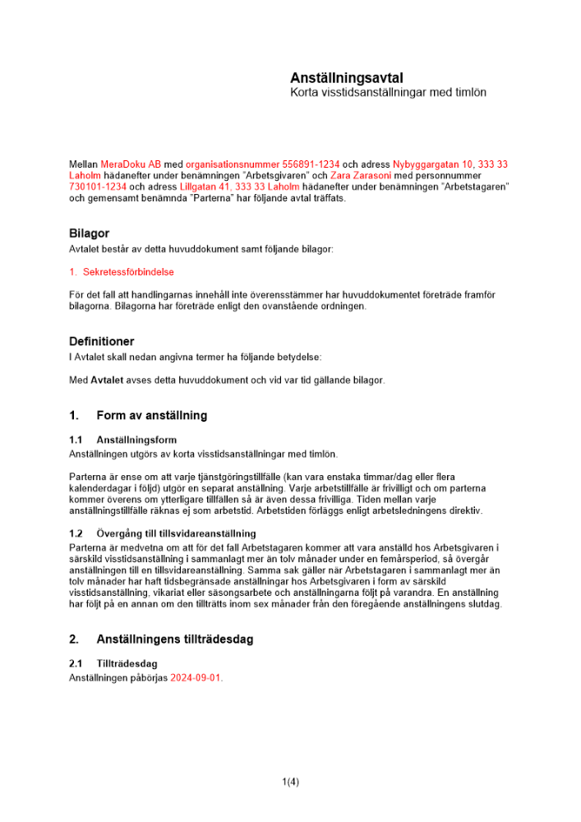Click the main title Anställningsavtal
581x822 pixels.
(346, 77)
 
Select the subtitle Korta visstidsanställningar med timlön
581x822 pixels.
(388, 93)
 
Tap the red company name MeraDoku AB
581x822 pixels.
(131, 165)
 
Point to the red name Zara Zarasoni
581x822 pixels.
(360, 176)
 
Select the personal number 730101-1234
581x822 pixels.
(98, 187)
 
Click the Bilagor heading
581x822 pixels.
(89, 234)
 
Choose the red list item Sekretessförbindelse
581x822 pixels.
(128, 271)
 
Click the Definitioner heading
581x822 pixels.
(102, 341)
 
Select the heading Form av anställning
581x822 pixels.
(151, 415)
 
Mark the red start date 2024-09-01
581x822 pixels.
(196, 678)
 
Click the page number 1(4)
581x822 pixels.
(290, 782)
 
